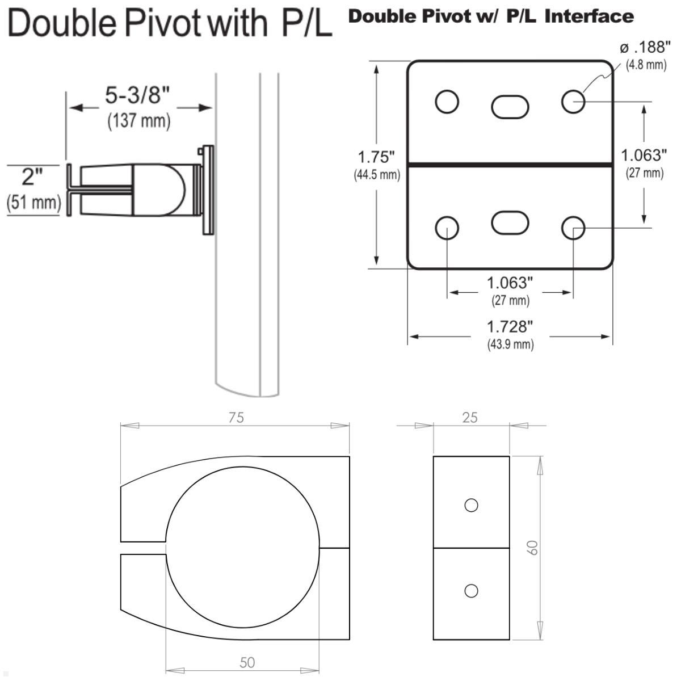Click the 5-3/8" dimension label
(137, 96)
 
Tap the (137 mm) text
(139, 121)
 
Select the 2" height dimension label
(32, 178)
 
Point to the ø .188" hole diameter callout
(641, 48)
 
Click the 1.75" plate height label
(376, 157)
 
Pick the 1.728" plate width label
(510, 327)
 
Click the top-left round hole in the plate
(447, 102)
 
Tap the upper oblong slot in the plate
(510, 107)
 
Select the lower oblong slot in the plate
(510, 222)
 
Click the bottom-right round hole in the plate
(573, 228)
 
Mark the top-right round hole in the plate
(573, 102)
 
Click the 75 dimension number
(236, 418)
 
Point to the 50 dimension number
(247, 662)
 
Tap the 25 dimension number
(470, 418)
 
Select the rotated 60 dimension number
(532, 548)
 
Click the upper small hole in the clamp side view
(471, 505)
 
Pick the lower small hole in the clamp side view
(471, 591)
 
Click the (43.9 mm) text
(510, 344)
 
